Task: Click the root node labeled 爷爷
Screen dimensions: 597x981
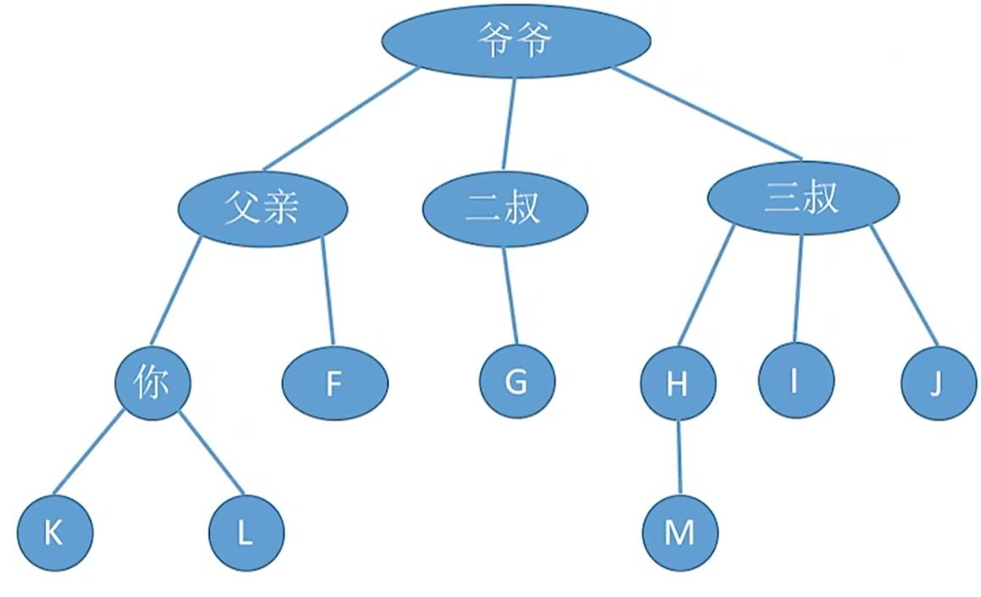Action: pos(516,41)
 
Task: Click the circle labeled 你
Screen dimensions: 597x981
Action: pos(153,383)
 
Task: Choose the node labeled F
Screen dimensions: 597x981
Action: pos(335,384)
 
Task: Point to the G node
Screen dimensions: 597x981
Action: pos(516,382)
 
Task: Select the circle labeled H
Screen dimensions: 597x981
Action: pos(677,384)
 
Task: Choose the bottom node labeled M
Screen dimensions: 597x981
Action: pos(680,533)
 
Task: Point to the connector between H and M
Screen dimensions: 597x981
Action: pos(678,458)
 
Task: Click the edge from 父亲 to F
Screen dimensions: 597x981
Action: pos(329,293)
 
